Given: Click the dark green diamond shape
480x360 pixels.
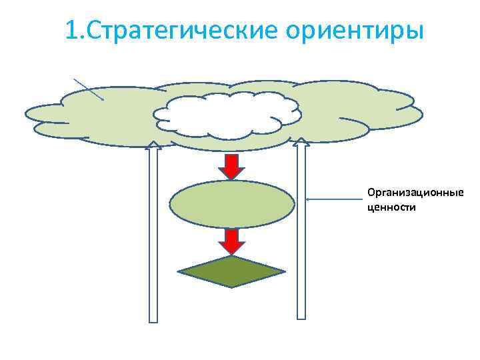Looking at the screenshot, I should coord(231,271).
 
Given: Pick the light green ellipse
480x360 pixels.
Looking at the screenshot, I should coord(231,204).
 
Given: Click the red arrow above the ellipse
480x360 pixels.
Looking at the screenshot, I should coord(231,165).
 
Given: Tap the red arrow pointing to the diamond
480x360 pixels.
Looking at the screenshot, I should coord(231,241).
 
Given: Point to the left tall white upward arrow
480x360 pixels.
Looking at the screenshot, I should coord(153,233).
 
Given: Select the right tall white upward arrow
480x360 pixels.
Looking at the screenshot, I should coord(301,233).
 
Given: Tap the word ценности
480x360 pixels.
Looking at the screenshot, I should coord(391,207).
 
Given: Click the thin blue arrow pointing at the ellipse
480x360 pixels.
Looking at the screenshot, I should coord(333,199).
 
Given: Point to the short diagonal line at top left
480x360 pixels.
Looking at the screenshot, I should coord(88,88).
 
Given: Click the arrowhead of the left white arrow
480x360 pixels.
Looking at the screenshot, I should coord(153,145).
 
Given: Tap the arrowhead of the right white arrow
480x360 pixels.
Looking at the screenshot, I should coord(301,141).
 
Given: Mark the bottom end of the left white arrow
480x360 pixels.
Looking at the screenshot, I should coord(153,320).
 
